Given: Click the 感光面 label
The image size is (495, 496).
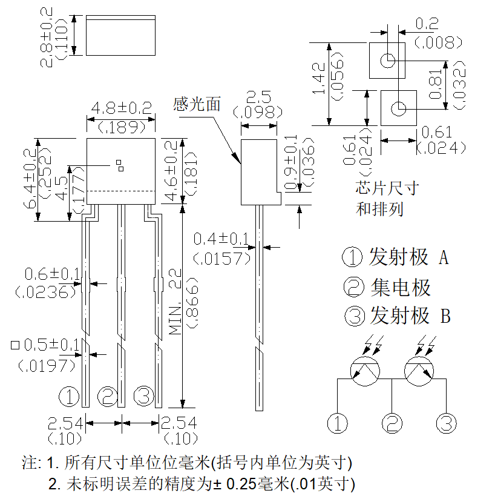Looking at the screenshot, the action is (196, 104).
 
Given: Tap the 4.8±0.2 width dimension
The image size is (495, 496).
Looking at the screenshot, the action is (122, 108).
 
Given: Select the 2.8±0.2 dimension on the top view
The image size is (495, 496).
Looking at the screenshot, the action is (46, 38).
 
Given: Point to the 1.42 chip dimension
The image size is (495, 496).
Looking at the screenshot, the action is (319, 78).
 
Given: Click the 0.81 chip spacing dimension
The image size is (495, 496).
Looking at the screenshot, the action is (435, 84).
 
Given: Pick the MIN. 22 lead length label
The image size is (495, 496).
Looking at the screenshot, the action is (175, 302).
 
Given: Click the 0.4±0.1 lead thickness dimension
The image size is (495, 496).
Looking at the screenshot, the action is (221, 239).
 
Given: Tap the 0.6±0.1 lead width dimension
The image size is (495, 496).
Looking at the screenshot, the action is (52, 274).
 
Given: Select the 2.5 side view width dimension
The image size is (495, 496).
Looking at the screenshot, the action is (258, 97).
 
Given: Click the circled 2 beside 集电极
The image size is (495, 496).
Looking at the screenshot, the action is (354, 286).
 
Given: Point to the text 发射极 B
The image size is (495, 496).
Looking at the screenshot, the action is (410, 316).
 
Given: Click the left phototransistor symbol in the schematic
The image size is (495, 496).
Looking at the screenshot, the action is (366, 371).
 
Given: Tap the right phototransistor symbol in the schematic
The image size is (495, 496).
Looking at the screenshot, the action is (419, 371).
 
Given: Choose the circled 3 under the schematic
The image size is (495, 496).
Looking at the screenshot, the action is (446, 423).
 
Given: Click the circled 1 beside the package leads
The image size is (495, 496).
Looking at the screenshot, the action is (69, 396).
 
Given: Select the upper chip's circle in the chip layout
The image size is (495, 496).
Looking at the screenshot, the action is (387, 61).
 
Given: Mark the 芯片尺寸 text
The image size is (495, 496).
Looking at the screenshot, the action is (387, 188).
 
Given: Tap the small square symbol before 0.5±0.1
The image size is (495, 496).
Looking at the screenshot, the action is (15, 345).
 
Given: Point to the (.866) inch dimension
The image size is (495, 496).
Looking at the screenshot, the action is (192, 303).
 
